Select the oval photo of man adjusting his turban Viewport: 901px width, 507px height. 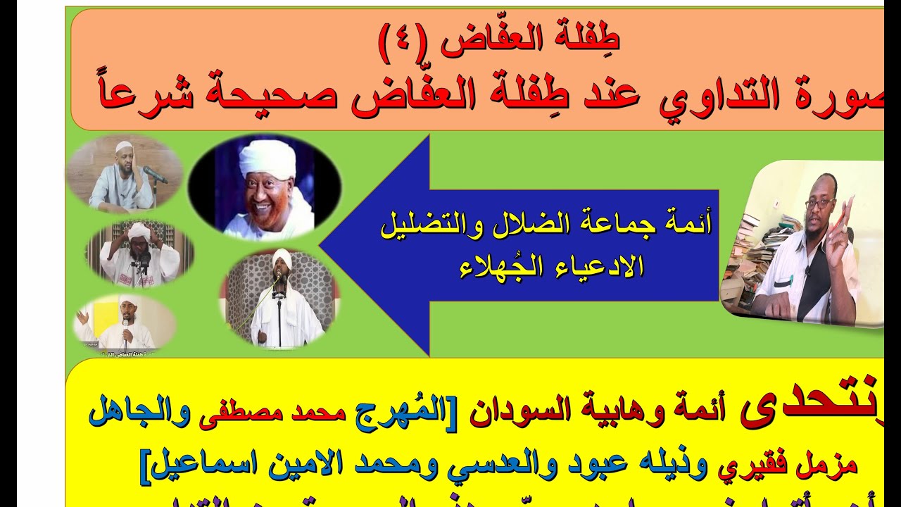[139, 254]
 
